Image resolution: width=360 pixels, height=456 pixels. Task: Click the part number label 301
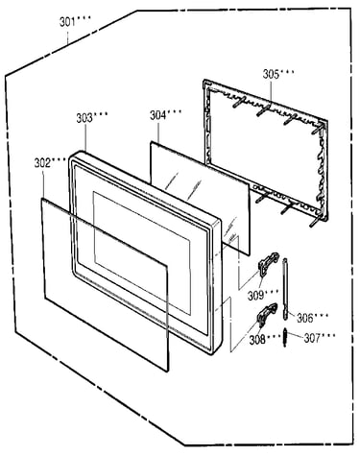(x=67, y=22)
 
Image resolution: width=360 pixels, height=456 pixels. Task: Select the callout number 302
(x=42, y=163)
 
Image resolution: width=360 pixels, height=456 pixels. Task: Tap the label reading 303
(x=84, y=118)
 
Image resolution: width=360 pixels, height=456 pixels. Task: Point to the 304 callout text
(x=158, y=115)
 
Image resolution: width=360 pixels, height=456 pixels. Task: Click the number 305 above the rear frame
(x=271, y=74)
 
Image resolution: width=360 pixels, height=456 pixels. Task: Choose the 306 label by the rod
(x=304, y=318)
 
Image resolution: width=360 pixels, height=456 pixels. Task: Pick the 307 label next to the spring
(x=312, y=338)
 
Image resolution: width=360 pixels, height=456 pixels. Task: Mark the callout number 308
(x=257, y=340)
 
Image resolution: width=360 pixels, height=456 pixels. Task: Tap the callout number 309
(x=255, y=296)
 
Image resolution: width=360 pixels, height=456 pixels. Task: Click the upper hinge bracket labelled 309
(x=268, y=263)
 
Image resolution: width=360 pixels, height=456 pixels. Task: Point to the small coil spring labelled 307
(x=284, y=337)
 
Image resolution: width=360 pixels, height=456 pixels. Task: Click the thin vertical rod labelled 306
(x=285, y=288)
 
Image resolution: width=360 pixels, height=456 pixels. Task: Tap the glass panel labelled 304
(x=200, y=199)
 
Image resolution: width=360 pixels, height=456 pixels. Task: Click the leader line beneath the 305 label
(x=271, y=92)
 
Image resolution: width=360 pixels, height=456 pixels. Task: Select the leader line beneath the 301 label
(x=67, y=36)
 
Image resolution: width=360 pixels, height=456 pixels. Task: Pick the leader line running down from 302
(x=43, y=183)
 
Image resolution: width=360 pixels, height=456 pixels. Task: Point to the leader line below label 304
(x=158, y=132)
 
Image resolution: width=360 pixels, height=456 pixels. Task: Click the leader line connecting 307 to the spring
(x=295, y=336)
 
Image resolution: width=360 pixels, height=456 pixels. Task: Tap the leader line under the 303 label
(x=85, y=137)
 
